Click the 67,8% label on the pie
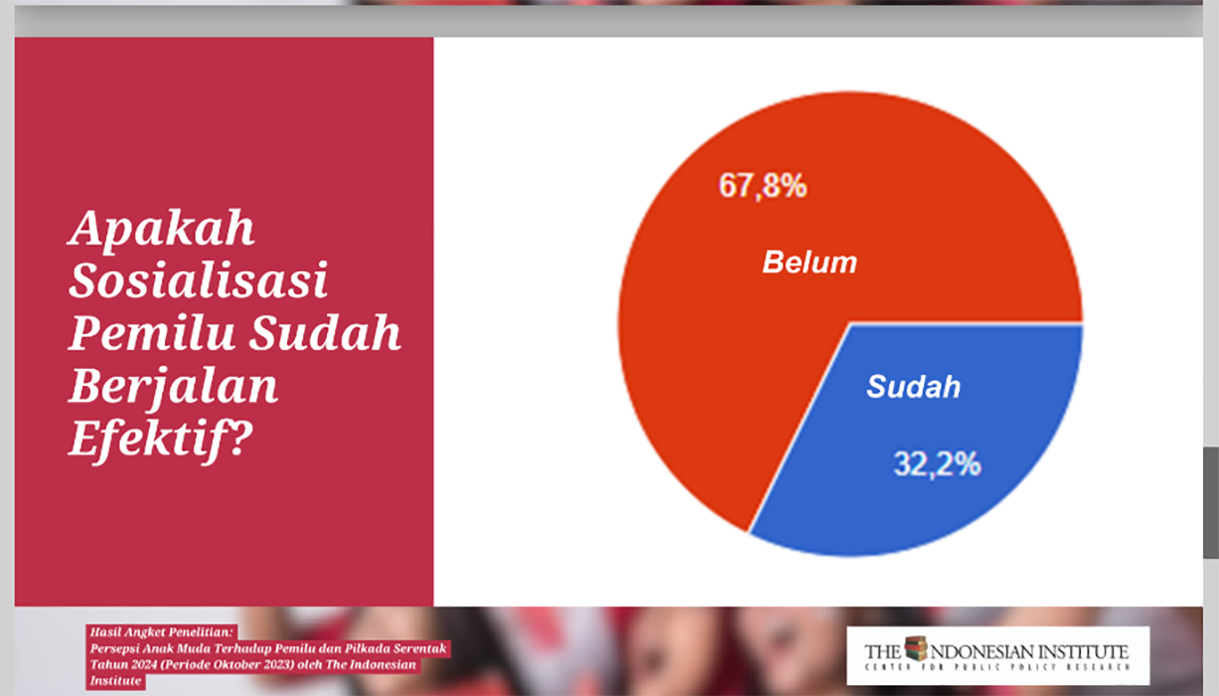pos(762,186)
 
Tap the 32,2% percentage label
pos(937,464)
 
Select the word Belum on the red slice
pos(810,261)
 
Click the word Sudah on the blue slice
pos(914,387)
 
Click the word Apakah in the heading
pos(162,230)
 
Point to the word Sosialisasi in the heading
pos(199,280)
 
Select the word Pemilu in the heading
pos(152,332)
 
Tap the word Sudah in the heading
pos(326,332)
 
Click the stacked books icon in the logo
pos(916,648)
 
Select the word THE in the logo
pos(882,652)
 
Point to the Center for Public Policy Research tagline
pos(997,667)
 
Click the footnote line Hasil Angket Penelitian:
pos(161,632)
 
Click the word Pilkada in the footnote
pos(367,648)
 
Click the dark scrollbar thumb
pos(1211,503)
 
